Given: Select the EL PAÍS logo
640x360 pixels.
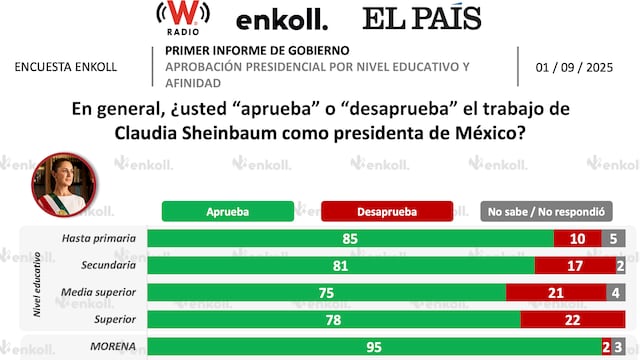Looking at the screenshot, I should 421,18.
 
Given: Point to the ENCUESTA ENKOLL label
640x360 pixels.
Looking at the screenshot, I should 67,67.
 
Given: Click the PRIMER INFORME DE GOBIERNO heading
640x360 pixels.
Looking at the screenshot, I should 257,50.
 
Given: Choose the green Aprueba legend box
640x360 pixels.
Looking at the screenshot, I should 228,211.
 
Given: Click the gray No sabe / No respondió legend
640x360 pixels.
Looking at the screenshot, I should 546,211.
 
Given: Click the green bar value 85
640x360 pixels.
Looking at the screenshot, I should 349,238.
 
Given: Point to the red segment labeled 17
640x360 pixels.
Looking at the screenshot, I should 575,265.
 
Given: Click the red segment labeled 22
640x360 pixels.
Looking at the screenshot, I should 572,319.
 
